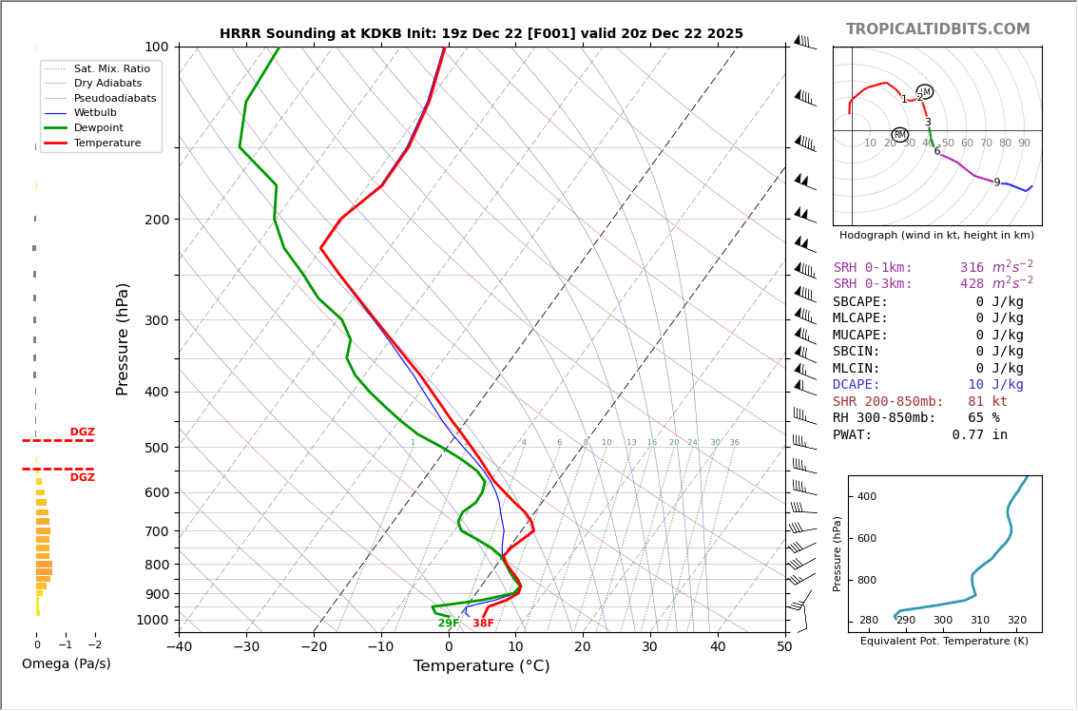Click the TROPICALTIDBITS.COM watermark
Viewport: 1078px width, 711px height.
click(x=937, y=29)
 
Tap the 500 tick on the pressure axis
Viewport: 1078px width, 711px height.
click(x=156, y=448)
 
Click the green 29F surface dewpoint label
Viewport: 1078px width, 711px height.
click(x=449, y=624)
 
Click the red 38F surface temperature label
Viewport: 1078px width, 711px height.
click(x=483, y=624)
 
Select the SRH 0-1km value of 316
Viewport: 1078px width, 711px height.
click(x=972, y=268)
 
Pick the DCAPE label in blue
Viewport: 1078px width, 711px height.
click(x=857, y=385)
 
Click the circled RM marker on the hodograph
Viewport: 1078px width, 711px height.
click(x=899, y=135)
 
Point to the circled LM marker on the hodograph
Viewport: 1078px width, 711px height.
click(x=925, y=92)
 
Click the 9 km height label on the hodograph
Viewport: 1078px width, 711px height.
click(x=996, y=183)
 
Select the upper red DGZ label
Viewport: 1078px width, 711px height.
click(x=82, y=432)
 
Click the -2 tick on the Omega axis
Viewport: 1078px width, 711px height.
click(x=95, y=644)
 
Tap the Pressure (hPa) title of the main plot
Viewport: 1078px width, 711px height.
click(x=123, y=338)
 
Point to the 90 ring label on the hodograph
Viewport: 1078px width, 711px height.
click(x=1024, y=144)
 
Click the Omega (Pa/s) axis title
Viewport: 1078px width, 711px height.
click(x=66, y=664)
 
